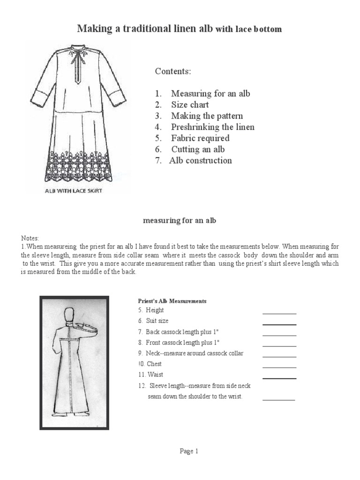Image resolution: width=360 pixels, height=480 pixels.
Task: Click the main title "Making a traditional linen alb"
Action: click(x=145, y=29)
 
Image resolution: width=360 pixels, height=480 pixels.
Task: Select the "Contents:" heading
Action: click(x=173, y=71)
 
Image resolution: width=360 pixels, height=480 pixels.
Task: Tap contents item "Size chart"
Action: click(x=190, y=105)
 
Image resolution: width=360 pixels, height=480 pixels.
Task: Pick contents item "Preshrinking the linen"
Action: click(x=212, y=127)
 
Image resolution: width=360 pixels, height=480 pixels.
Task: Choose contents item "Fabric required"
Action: click(x=200, y=138)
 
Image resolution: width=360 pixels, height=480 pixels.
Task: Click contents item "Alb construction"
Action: click(x=201, y=160)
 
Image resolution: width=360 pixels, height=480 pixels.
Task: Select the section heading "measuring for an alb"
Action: click(x=180, y=221)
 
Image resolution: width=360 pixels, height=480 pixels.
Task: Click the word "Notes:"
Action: click(x=30, y=238)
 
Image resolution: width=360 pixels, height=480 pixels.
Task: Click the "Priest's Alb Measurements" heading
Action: click(x=172, y=301)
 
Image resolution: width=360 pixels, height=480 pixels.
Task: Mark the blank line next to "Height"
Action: click(x=279, y=313)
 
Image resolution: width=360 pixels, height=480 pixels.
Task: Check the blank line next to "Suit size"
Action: click(x=279, y=324)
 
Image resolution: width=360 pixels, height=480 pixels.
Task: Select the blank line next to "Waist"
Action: click(x=279, y=378)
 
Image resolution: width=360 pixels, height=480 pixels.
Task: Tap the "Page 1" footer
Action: click(x=189, y=451)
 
